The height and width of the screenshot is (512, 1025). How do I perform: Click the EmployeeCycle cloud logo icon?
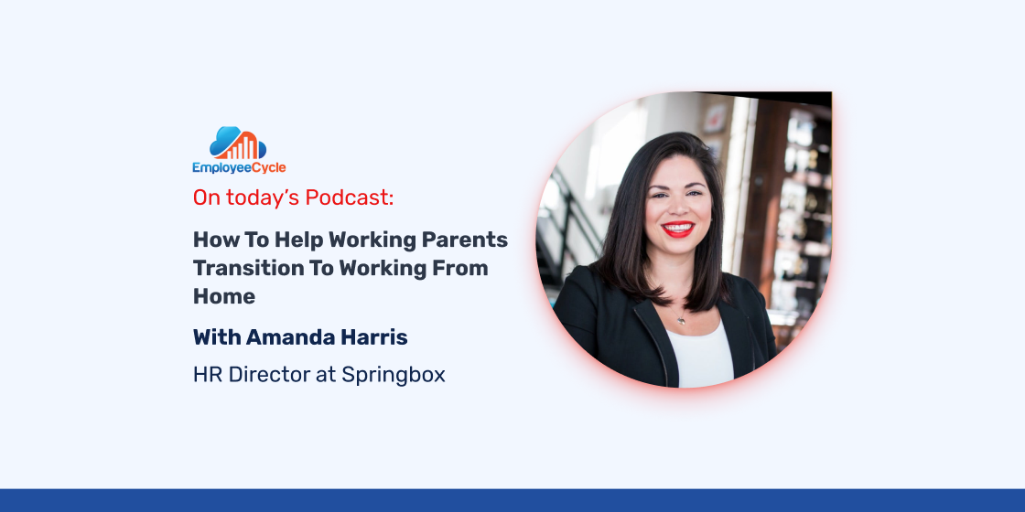(x=238, y=143)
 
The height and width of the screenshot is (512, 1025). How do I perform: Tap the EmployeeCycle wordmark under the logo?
(x=239, y=168)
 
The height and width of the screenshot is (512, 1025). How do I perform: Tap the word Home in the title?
(x=223, y=296)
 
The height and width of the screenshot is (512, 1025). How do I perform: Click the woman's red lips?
(x=678, y=229)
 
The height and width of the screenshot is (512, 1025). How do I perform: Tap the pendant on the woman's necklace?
(x=681, y=320)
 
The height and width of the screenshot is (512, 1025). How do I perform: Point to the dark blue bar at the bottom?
(x=512, y=500)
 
